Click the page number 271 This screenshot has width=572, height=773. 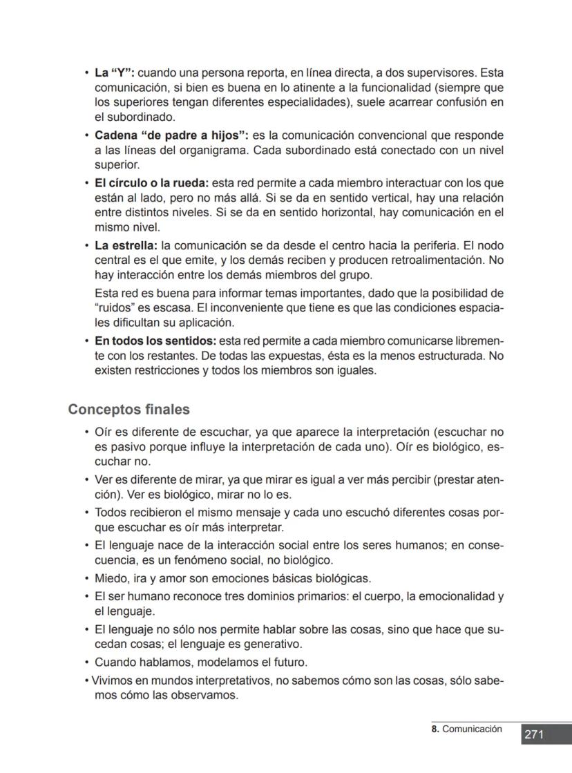(533, 734)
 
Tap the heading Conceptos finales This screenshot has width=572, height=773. (128, 410)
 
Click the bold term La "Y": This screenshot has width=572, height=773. (115, 73)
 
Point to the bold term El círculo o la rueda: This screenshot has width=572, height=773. (151, 183)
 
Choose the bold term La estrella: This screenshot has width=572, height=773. (126, 245)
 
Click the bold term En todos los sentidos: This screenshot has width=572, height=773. (155, 341)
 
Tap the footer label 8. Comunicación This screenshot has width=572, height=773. (466, 729)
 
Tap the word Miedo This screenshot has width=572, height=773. (109, 578)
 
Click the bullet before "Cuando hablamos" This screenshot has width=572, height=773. (87, 662)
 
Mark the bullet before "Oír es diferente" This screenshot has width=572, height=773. (87, 432)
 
